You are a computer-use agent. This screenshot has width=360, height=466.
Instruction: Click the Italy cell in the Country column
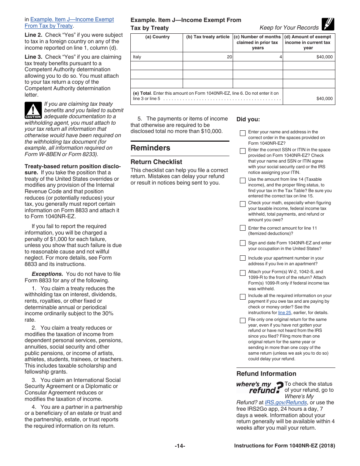137,57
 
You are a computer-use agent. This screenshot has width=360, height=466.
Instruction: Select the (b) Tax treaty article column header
208,37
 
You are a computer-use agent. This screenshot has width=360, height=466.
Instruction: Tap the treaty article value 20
229,57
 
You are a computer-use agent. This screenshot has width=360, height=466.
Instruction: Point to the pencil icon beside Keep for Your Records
327,24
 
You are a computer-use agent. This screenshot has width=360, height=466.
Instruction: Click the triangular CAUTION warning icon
33,111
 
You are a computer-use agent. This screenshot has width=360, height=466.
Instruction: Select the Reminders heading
150,148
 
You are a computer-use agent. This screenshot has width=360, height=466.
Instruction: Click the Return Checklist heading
156,162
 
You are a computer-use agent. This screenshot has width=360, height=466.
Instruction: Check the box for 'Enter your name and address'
243,133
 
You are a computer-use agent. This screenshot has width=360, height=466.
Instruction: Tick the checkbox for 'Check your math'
243,204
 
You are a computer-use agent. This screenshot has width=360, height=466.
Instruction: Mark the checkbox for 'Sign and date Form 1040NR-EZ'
243,243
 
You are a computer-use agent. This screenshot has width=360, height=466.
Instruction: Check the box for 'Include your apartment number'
243,258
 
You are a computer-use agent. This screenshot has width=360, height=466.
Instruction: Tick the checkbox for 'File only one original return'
243,321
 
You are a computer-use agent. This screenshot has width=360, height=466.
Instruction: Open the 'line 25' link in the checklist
285,313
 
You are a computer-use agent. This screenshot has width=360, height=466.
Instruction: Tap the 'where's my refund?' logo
260,388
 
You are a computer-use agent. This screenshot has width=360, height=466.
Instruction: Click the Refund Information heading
266,374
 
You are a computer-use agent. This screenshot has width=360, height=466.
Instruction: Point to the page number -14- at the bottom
180,446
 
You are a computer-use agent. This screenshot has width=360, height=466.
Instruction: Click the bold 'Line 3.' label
34,57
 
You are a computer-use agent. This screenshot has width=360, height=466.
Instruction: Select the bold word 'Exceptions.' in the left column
47,274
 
